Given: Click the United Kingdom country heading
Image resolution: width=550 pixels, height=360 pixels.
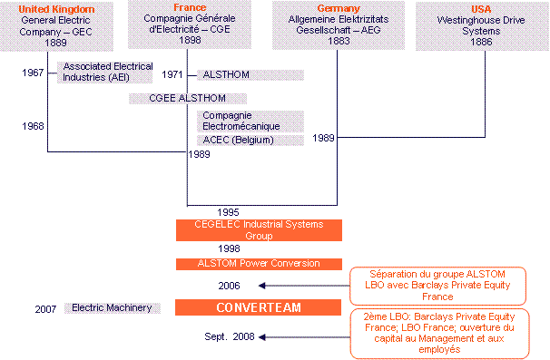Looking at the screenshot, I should click(x=48, y=8).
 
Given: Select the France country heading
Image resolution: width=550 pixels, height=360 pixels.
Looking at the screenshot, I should click(x=189, y=7).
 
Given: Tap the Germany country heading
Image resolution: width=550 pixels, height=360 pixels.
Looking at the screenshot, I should click(x=337, y=8).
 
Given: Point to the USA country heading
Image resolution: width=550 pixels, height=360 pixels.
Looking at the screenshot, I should click(x=481, y=8).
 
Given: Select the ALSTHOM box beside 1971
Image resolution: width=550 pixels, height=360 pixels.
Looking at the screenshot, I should click(x=250, y=74).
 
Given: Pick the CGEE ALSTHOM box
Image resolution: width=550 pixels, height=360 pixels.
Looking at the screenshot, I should click(x=187, y=97).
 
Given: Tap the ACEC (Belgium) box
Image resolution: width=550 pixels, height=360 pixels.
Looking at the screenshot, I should click(x=250, y=140).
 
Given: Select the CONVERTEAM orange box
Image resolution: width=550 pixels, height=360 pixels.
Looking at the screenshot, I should click(x=258, y=308).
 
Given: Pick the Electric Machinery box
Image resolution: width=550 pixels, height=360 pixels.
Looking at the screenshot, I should click(x=113, y=308).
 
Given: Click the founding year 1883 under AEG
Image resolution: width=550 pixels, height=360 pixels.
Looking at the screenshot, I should click(x=337, y=41).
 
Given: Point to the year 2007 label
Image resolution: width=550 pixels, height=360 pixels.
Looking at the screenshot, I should click(x=46, y=308).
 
